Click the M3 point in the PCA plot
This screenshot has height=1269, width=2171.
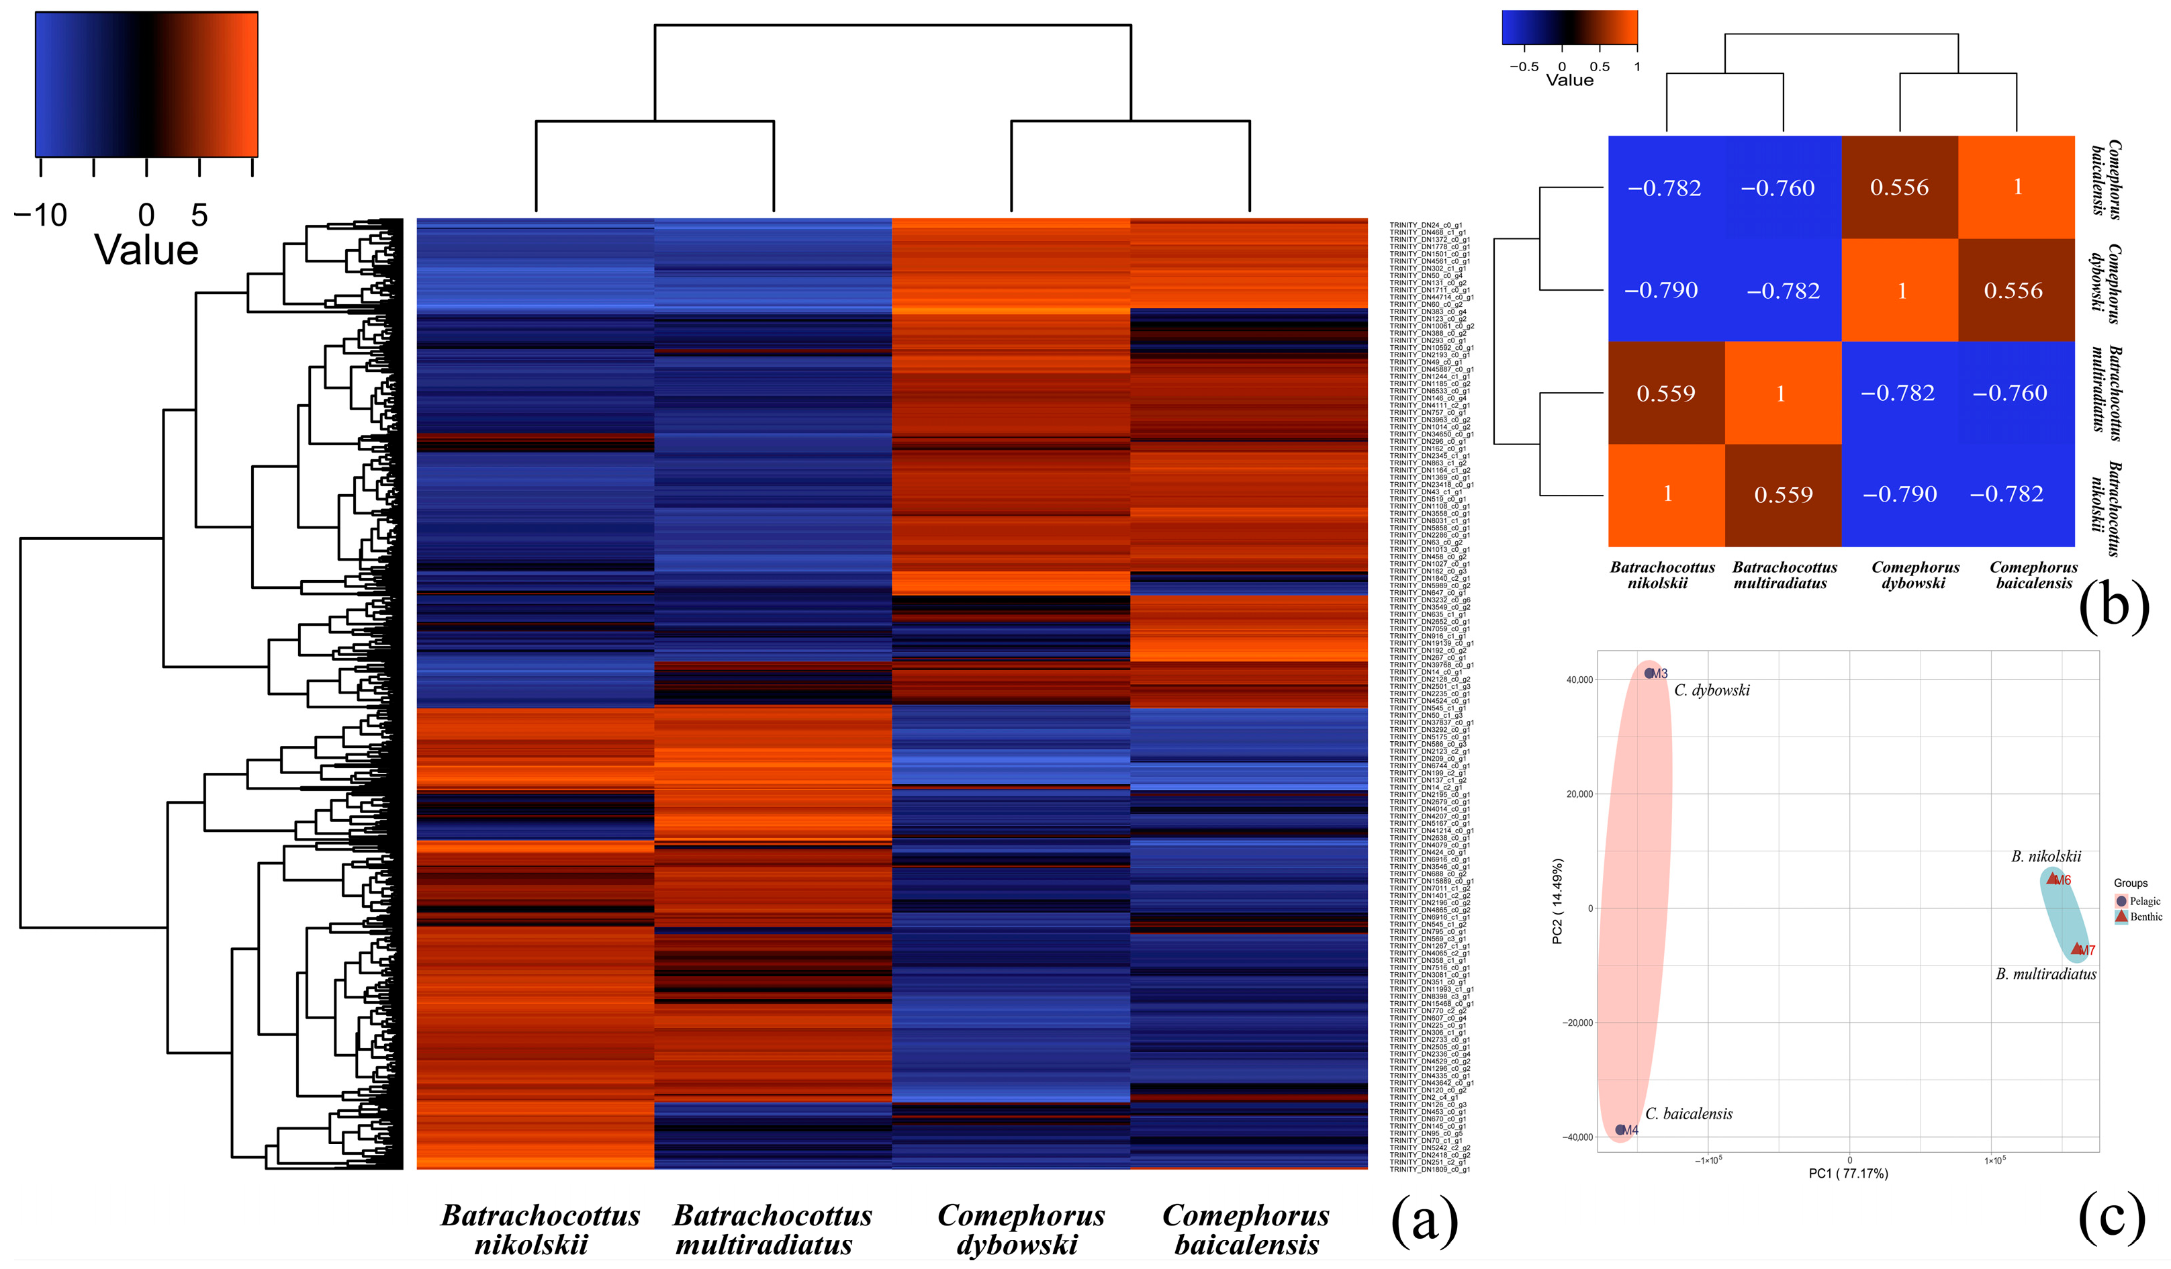[x=1649, y=673]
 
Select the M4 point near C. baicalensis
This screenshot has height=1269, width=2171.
[x=1620, y=1129]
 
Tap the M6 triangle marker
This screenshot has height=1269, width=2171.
[x=2052, y=880]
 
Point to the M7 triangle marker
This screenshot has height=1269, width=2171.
[x=2076, y=949]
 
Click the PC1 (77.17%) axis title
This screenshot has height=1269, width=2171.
[x=1848, y=1174]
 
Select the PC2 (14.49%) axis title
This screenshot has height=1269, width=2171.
[x=1557, y=901]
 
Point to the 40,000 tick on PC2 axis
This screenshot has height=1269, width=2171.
[x=1579, y=679]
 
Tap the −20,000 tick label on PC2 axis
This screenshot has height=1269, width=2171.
[x=1577, y=1023]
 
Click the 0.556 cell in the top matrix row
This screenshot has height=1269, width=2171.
[x=1899, y=187]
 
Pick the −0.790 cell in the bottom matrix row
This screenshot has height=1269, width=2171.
[x=1899, y=494]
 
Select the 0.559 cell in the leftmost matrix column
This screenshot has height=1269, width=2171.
[x=1665, y=393]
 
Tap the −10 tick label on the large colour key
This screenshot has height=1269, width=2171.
[x=40, y=214]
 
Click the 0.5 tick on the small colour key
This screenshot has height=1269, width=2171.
[x=1599, y=66]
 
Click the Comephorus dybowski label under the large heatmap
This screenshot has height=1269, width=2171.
[x=1020, y=1229]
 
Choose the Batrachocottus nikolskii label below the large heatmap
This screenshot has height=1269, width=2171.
[x=539, y=1229]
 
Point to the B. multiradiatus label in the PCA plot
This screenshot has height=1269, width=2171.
[x=2045, y=974]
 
